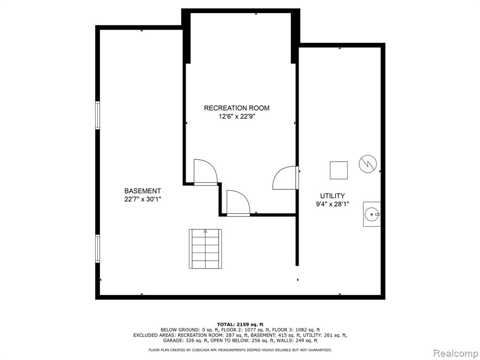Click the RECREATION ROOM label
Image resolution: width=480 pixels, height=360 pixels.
[237, 108]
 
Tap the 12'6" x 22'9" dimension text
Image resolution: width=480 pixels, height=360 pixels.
[237, 116]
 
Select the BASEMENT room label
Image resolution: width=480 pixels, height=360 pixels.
[142, 191]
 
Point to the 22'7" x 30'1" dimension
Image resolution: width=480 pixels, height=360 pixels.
[142, 199]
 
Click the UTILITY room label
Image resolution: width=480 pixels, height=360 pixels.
[332, 196]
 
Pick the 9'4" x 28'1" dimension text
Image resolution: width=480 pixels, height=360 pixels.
[332, 204]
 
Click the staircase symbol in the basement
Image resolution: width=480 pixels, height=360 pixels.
[205, 248]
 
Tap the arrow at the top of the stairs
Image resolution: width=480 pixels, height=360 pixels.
[205, 232]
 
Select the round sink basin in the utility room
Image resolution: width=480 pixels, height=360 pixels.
[372, 214]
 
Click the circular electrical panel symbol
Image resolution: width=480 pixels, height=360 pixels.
[367, 164]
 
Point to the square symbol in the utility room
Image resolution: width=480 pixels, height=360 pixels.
[338, 170]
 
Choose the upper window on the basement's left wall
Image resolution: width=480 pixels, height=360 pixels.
[97, 115]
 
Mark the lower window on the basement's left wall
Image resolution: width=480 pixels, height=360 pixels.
[97, 248]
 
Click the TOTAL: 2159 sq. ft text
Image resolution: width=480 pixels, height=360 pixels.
[240, 324]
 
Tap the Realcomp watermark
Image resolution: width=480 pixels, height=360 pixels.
[455, 353]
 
